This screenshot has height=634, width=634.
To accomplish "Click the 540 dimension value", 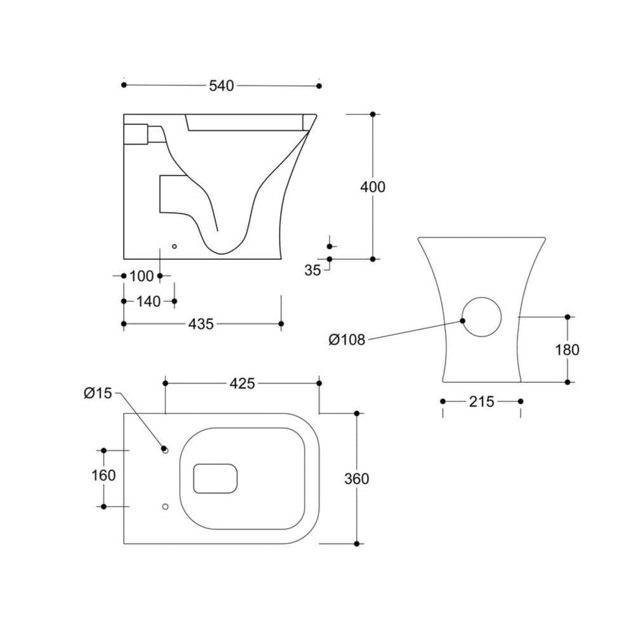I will pos(221,86).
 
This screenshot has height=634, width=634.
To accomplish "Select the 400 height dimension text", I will pos(372,187).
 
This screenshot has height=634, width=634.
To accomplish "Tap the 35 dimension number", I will pos(313,270).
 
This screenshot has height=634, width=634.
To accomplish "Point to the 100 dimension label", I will pos(141,276).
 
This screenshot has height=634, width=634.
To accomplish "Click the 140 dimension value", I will pos(148,302).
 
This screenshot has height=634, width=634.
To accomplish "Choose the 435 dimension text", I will pos(201,324).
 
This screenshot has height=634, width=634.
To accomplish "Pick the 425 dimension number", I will pos(242,384).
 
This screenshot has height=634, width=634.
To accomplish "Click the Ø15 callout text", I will pos(97,394).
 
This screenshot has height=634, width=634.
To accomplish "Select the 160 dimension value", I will pos(103,475).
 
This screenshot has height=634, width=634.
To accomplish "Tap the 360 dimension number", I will pos(356,479).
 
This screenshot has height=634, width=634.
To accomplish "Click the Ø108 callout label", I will pos(347,340).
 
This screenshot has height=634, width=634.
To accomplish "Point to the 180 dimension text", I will pos(567,349).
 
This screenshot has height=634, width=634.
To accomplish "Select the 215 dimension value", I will pos(481,401).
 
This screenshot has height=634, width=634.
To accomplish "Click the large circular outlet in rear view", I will pos(481,316).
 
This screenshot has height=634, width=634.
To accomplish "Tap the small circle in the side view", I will pos(175,246).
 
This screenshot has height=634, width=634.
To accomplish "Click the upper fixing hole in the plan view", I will pos(165,450).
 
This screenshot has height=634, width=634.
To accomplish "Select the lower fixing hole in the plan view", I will pos(165,507).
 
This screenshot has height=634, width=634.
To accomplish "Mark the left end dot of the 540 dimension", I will pos(124,85).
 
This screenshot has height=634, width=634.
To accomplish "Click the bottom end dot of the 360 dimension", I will pos(357,544).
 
